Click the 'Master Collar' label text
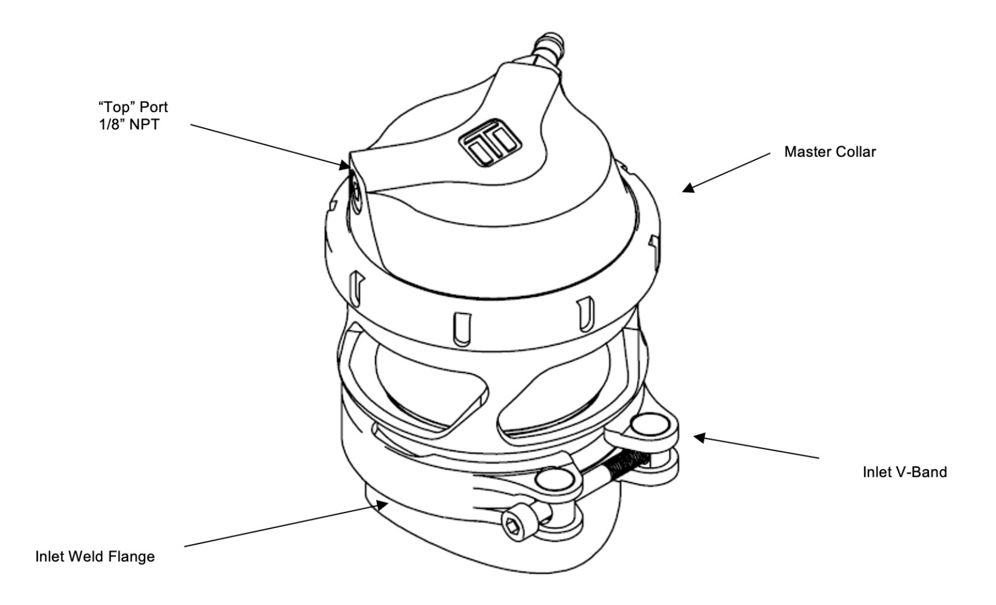pos(830,152)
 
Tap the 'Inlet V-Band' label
pos(905,472)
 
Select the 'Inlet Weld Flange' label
pos(95,557)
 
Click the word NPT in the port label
pos(144,125)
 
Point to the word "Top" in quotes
pos(115,107)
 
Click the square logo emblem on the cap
pos(490,142)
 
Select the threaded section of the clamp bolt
pos(626,464)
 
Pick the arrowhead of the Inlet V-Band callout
pos(699,437)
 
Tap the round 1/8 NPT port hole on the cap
pos(356,196)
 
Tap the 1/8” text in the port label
pos(111,125)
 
